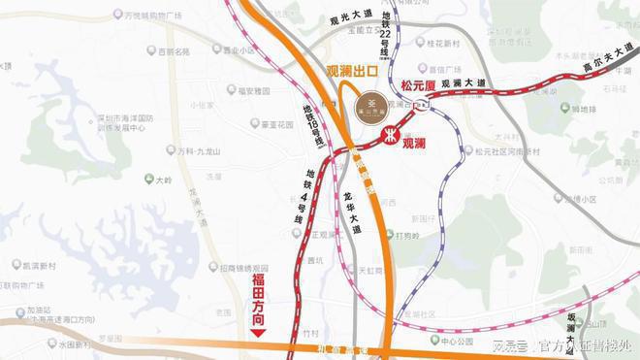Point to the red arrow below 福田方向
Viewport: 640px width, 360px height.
point(258,332)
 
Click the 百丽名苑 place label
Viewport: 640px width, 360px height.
point(173,50)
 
